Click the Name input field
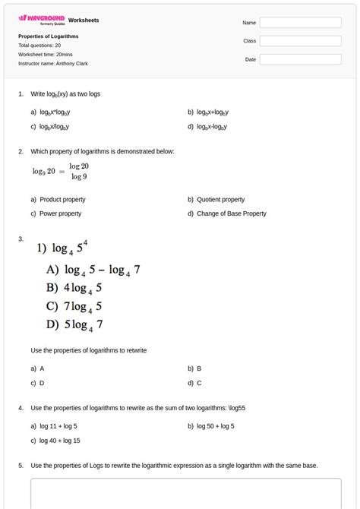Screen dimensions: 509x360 [300, 23]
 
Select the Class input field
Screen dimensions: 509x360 [300, 41]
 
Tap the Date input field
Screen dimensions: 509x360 [300, 59]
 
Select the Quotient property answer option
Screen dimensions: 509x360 [220, 200]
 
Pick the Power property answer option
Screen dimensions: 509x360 [60, 213]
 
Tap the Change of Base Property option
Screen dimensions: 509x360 [231, 213]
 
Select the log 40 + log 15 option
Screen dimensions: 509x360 [60, 440]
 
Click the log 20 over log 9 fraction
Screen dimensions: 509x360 [79, 171]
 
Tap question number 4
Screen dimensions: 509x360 [21, 408]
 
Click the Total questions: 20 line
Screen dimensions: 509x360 [39, 45]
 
